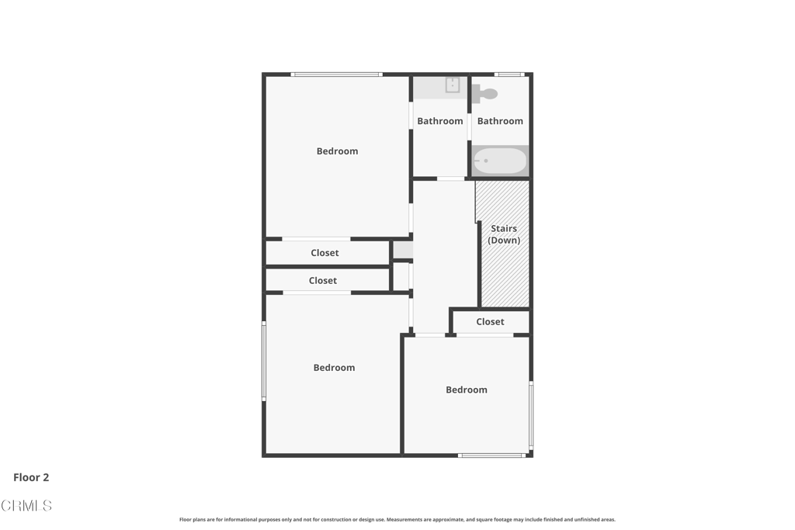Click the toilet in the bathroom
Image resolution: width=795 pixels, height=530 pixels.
486,94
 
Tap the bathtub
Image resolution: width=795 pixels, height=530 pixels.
500,161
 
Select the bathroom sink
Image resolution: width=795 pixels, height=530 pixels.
452,85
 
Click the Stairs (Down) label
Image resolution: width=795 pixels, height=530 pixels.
504,234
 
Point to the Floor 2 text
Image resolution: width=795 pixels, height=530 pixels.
31,478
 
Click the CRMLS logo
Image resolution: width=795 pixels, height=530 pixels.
26,506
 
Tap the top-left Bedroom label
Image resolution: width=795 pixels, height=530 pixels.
337,151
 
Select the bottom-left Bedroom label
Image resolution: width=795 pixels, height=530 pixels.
334,368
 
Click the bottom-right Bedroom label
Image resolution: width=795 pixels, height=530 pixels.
466,390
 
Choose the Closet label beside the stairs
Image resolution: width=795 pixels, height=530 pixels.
490,321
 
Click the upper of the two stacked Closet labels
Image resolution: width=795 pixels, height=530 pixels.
325,253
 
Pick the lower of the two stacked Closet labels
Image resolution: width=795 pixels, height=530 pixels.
322,281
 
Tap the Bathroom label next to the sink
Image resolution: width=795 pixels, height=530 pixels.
439,121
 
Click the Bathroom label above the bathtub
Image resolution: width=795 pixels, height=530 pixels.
500,121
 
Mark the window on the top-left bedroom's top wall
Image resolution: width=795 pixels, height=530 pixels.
336,74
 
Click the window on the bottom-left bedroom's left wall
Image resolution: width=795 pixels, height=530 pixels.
264,361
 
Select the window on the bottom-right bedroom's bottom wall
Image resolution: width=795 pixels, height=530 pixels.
491,456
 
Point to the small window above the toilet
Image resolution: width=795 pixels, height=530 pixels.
509,74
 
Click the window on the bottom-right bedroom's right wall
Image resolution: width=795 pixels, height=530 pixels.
531,414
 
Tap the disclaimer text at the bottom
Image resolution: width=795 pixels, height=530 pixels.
397,520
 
